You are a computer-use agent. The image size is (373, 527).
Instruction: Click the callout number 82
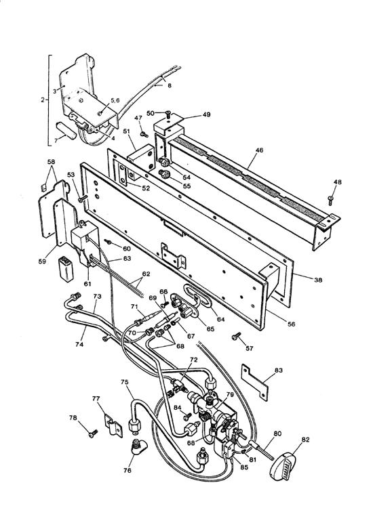tap(305, 440)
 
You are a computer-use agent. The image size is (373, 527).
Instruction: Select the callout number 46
tap(259, 150)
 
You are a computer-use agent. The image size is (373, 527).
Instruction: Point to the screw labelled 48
tap(330, 199)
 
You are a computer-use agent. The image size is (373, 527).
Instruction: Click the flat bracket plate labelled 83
tap(255, 382)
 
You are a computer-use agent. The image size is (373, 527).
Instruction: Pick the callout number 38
tap(317, 279)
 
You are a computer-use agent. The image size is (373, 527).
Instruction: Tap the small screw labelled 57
tap(236, 335)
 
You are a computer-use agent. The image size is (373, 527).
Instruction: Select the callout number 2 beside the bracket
tap(43, 100)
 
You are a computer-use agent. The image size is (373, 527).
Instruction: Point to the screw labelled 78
tap(93, 434)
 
